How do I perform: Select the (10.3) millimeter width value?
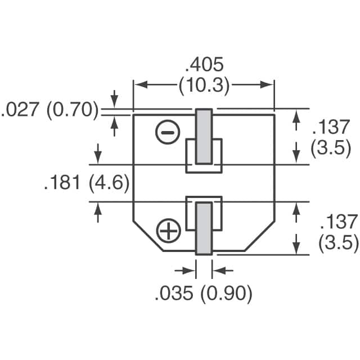coord(204,85)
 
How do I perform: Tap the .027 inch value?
coord(21,110)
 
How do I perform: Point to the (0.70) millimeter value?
coord(72,110)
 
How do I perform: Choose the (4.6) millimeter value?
coord(111,183)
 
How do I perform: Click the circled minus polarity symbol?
coord(168,133)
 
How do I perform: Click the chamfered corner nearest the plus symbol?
coord(147,236)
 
